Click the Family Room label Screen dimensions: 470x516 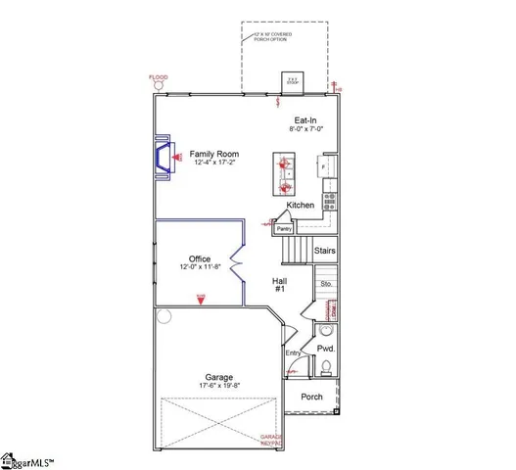coord(215,155)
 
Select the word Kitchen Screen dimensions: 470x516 coord(301,205)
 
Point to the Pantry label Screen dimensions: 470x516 coord(284,229)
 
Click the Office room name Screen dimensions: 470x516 coord(200,258)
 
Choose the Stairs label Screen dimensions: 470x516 coord(326,251)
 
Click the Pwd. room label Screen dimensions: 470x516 coord(326,348)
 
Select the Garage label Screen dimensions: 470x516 coord(218,376)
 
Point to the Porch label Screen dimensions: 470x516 coord(311,397)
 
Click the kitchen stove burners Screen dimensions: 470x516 coord(330,202)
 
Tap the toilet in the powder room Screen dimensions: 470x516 coord(325,368)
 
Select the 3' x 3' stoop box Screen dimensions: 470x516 coord(291,80)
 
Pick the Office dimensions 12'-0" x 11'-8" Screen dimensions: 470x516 coord(200,267)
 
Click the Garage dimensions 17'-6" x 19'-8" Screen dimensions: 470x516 coord(218,385)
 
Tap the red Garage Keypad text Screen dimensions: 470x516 coord(270,440)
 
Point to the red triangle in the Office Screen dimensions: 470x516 coord(201,301)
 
